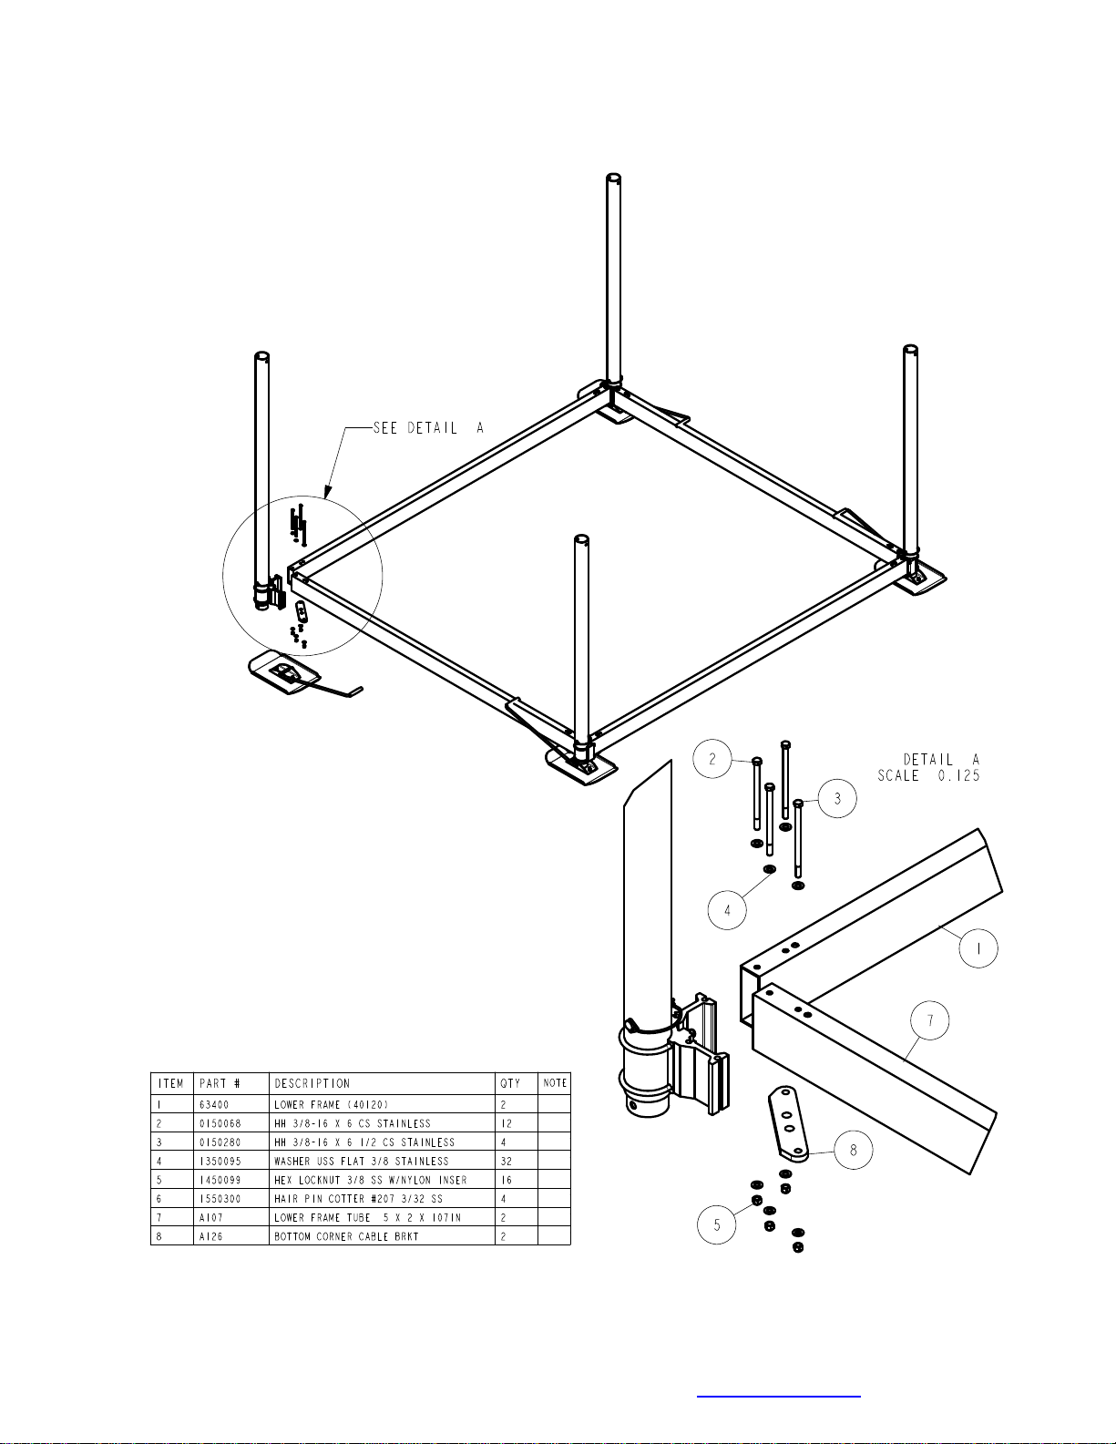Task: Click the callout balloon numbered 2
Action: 712,758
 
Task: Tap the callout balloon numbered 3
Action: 837,798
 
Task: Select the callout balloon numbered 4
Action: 727,910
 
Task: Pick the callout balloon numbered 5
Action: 717,1224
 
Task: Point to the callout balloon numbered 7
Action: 929,1020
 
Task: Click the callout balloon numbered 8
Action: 853,1150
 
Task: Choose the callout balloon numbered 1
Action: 978,948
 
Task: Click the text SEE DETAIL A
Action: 428,428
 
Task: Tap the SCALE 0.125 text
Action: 928,775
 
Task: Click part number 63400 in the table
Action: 214,1104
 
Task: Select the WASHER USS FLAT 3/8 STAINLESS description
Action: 362,1161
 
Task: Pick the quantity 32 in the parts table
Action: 507,1161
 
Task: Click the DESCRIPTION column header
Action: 312,1083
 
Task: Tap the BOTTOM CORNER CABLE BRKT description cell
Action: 346,1236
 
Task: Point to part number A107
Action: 211,1217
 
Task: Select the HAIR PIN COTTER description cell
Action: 358,1199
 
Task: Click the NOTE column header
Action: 555,1083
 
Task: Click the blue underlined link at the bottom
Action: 779,1396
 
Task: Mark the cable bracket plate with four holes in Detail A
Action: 789,1123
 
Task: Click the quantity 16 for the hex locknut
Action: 507,1180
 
